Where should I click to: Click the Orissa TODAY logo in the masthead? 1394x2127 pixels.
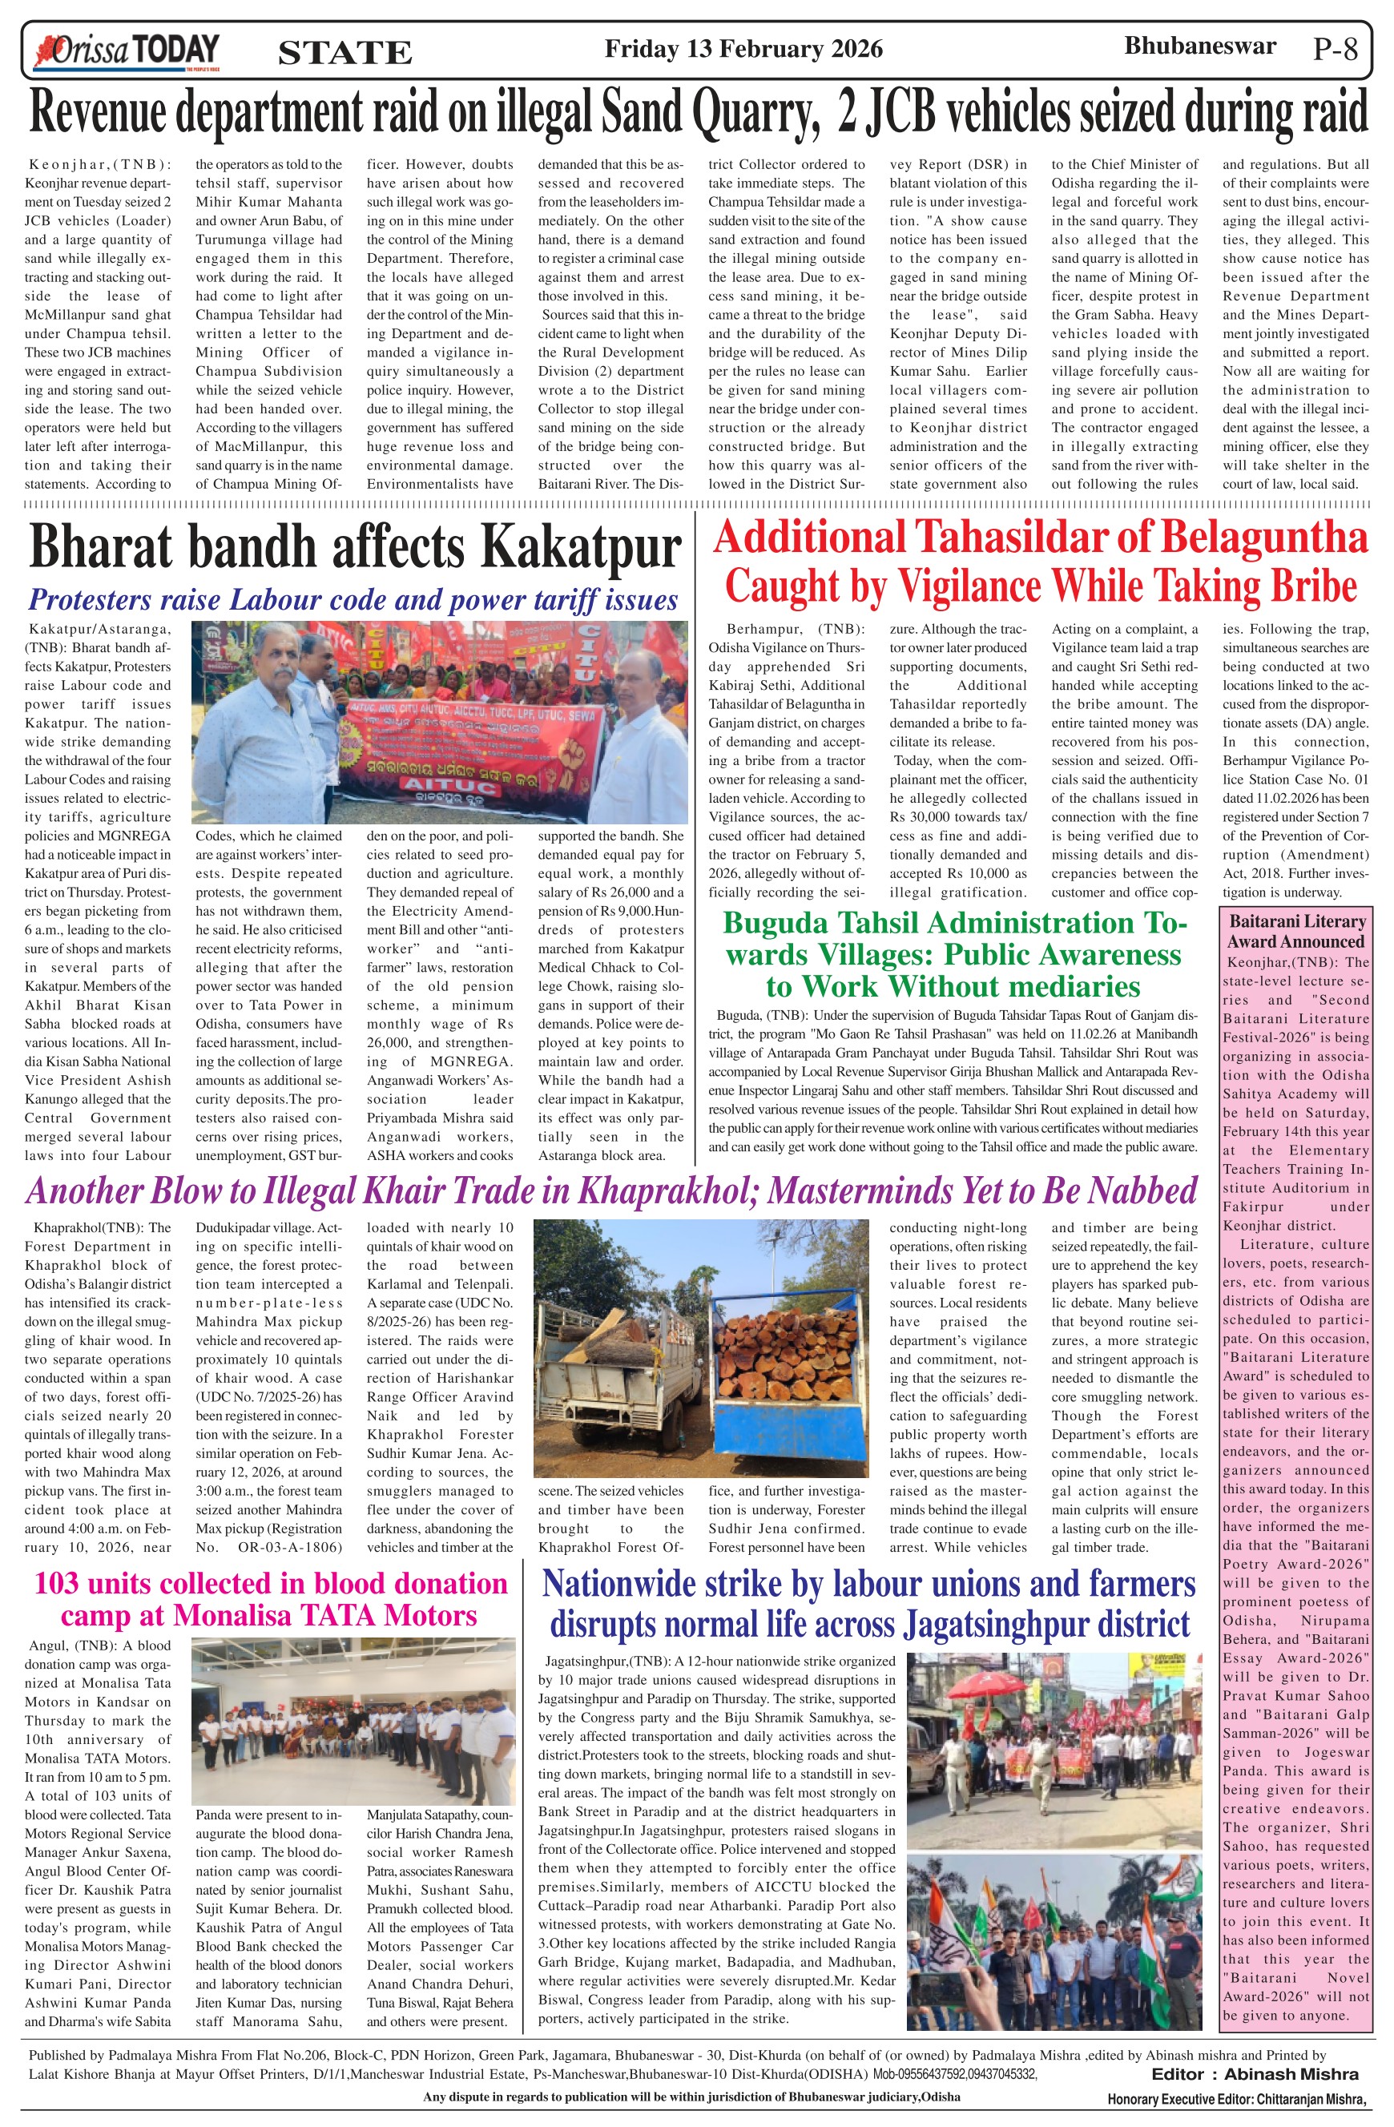coord(125,51)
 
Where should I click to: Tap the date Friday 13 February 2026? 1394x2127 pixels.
coord(743,48)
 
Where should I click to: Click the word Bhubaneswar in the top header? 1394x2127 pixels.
coord(1199,46)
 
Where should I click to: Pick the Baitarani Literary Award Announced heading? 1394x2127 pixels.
coord(1295,930)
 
